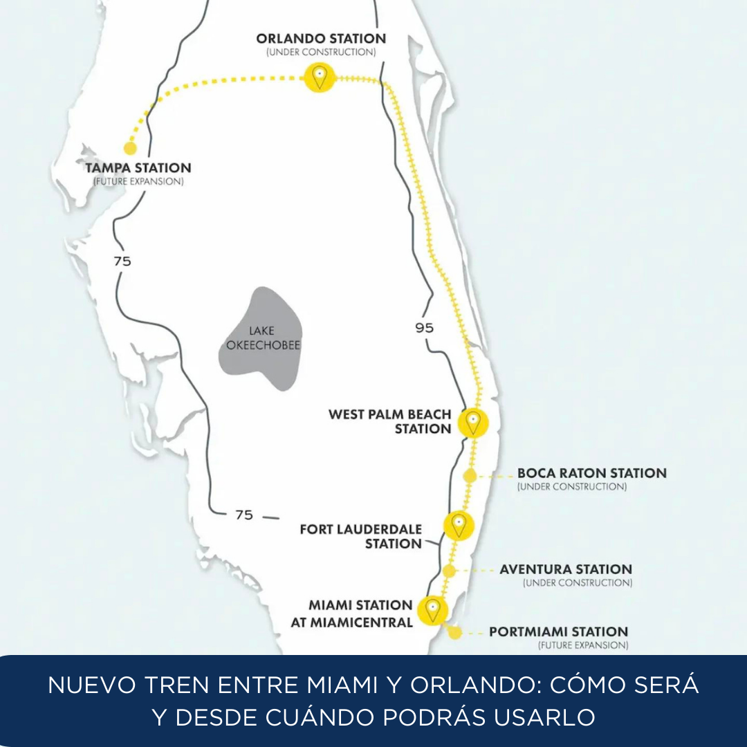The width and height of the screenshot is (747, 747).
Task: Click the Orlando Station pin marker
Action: tap(319, 77)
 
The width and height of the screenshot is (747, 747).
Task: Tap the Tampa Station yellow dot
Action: tap(129, 148)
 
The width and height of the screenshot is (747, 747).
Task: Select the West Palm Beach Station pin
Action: tap(472, 422)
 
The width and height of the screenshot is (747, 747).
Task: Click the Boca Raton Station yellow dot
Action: tap(470, 475)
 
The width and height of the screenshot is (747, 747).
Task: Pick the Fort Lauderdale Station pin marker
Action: tap(458, 525)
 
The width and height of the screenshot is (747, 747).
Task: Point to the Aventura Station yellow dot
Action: tap(449, 571)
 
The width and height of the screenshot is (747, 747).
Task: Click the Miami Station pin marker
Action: tap(434, 609)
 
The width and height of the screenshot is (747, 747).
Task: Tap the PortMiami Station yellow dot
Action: tap(454, 632)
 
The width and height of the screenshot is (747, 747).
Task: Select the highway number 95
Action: tap(425, 327)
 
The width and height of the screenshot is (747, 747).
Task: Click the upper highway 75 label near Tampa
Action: tap(122, 261)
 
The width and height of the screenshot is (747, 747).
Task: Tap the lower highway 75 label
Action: tap(243, 515)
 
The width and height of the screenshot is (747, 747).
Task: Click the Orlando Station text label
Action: tap(321, 39)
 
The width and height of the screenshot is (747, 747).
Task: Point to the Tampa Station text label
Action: tap(138, 167)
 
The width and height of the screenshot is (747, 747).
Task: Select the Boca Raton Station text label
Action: tap(591, 473)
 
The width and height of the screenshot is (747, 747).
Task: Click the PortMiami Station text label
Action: tap(558, 631)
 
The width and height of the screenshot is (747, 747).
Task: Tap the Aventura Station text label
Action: tap(565, 569)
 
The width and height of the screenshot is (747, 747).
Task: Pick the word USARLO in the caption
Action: tap(544, 717)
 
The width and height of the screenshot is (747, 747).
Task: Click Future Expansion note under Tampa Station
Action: tap(138, 181)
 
